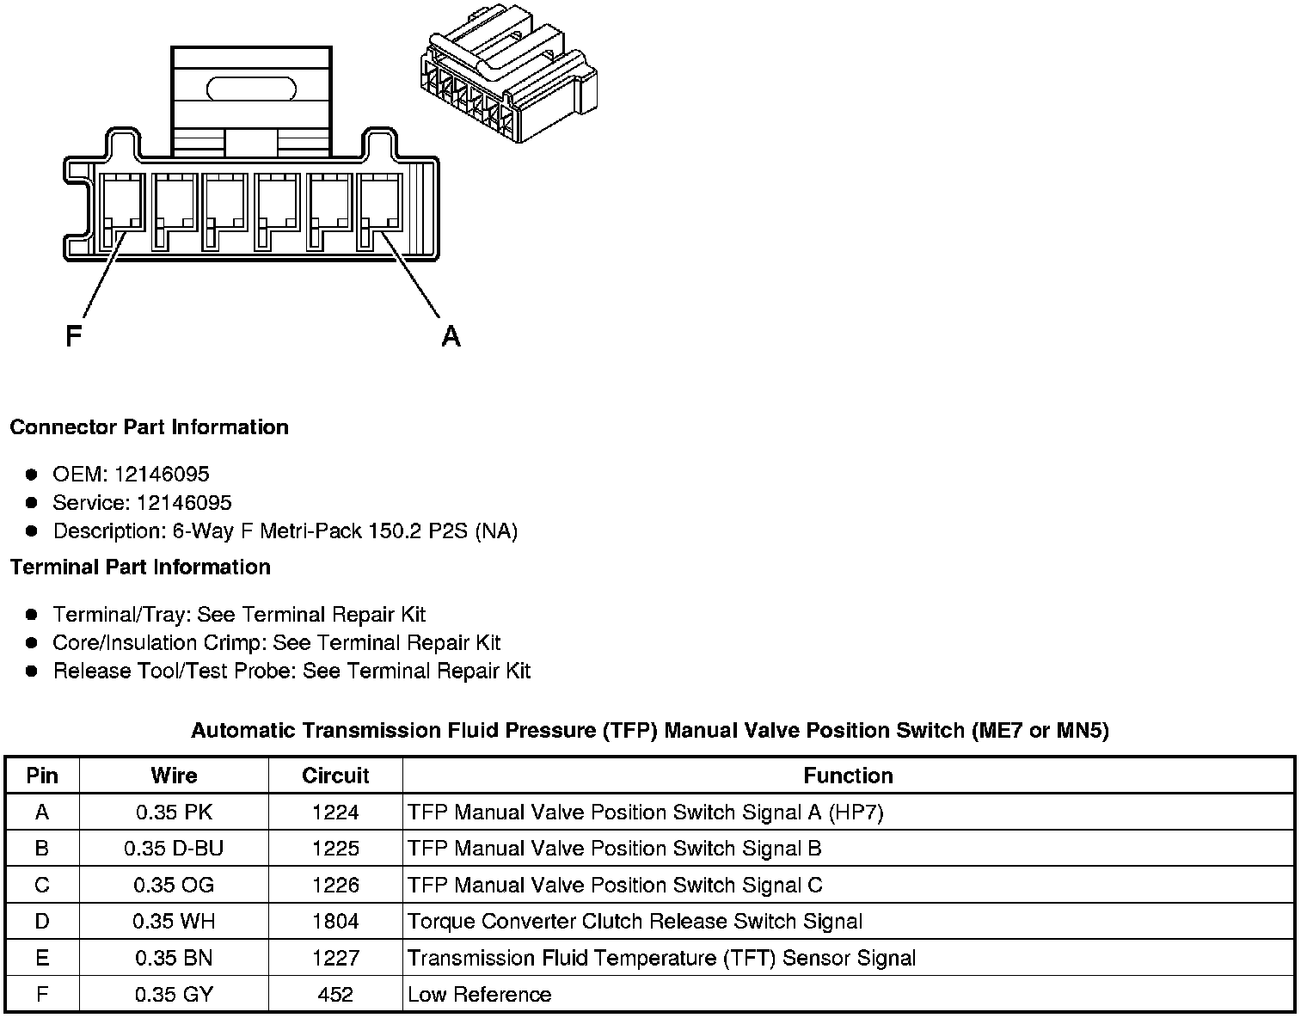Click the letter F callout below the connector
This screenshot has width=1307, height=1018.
coord(73,335)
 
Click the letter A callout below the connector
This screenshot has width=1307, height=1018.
coord(451,336)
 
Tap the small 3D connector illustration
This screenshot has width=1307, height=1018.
coord(506,83)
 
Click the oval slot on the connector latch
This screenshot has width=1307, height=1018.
coord(251,88)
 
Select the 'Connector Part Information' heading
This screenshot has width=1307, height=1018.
coord(149,427)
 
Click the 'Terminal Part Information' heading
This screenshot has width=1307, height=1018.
coord(140,567)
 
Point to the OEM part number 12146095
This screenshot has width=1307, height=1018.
coord(162,475)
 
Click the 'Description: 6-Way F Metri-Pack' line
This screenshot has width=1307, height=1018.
coord(285,531)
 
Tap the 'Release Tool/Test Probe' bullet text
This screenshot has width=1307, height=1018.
coord(291,671)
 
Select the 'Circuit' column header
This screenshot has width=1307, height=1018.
coord(335,776)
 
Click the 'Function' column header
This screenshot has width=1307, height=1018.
coord(848,776)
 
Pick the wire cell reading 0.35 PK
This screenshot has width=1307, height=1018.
coord(174,813)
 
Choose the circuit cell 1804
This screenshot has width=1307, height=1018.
coord(335,922)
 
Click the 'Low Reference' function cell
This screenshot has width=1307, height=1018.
coord(479,995)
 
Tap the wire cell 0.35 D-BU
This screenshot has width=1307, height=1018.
coord(174,849)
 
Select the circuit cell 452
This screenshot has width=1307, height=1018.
coord(335,995)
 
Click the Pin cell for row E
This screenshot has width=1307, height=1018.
coord(42,958)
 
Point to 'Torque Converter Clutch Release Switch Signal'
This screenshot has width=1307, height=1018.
coord(635,922)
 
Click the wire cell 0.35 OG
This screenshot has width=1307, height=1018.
coord(174,886)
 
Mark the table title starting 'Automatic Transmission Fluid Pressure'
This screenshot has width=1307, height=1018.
coord(649,731)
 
